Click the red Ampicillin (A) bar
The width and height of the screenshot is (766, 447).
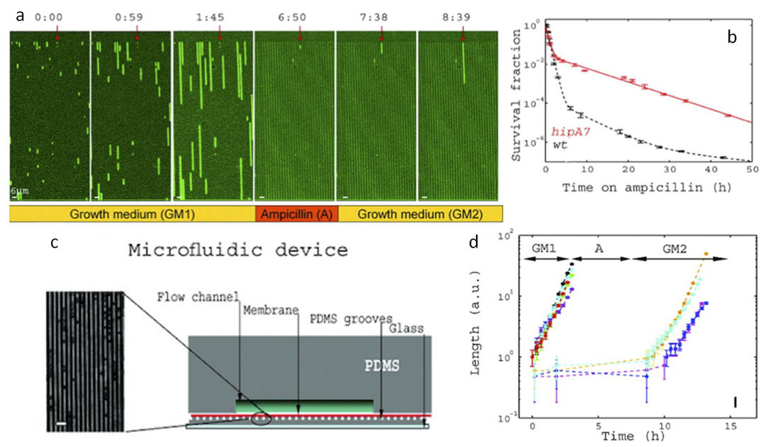(x=296, y=212)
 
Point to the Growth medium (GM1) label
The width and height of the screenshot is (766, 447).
(x=132, y=212)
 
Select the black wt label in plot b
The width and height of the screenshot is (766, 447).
(x=560, y=145)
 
